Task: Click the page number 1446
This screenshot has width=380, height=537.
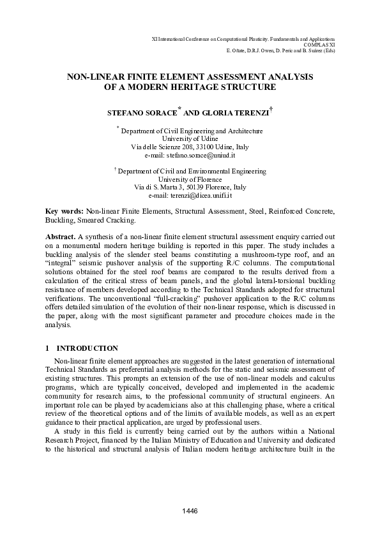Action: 190,510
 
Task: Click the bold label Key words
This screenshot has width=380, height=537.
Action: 65,210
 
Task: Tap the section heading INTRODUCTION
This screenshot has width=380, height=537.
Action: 87,348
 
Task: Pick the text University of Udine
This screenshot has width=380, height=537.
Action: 190,138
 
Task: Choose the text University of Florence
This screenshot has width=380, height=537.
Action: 190,179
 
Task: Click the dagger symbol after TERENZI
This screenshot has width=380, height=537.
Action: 272,109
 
